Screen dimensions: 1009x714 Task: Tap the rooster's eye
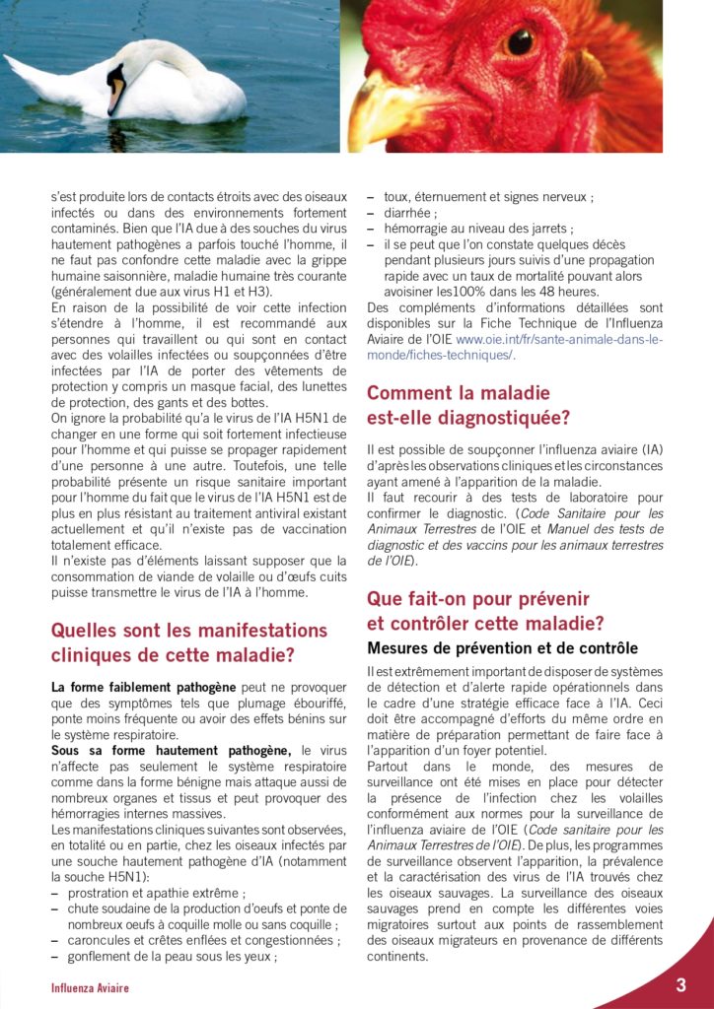520,40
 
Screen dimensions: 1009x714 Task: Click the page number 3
680,985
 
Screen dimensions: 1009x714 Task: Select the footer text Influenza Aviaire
90,988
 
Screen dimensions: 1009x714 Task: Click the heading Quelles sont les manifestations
188,630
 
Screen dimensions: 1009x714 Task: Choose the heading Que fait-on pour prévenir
477,598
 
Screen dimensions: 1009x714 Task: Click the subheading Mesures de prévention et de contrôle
502,648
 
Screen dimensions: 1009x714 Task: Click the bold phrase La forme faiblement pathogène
143,687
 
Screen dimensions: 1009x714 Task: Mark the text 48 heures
566,292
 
